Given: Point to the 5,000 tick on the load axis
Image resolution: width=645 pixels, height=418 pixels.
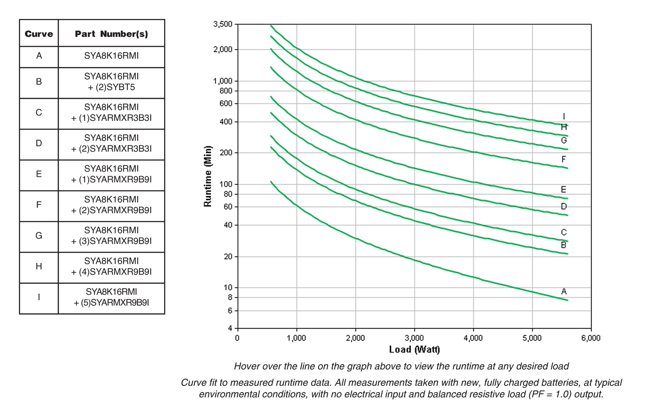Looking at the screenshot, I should (x=532, y=338).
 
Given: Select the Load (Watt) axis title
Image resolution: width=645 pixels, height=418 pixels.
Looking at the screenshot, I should (x=414, y=350).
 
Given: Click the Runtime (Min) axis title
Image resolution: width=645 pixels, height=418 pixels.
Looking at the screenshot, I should (x=208, y=176).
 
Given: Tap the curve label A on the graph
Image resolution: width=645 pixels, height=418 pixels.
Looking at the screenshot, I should (x=564, y=292).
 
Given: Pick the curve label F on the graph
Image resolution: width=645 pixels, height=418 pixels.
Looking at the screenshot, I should (x=563, y=160).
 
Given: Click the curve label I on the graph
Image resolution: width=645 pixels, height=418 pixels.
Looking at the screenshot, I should (x=564, y=116).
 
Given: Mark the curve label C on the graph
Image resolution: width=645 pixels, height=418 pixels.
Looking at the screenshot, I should (x=564, y=232).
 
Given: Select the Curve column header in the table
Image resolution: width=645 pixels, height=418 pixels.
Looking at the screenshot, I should (x=39, y=34).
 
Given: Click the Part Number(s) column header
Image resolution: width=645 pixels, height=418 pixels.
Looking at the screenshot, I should (x=111, y=34).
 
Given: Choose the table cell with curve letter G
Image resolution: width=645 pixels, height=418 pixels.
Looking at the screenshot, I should (x=39, y=236).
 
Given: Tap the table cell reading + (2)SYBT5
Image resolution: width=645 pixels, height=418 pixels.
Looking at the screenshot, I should (x=111, y=88).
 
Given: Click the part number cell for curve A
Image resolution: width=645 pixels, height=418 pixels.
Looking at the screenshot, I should (x=111, y=56).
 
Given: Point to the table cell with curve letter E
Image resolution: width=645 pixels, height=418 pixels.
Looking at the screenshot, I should (x=39, y=174).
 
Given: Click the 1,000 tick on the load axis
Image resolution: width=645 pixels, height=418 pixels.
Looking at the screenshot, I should (x=296, y=338).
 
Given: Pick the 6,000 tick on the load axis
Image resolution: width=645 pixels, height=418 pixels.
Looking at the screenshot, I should (x=591, y=338).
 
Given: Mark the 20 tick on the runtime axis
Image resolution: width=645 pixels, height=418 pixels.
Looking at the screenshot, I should (x=228, y=257).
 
